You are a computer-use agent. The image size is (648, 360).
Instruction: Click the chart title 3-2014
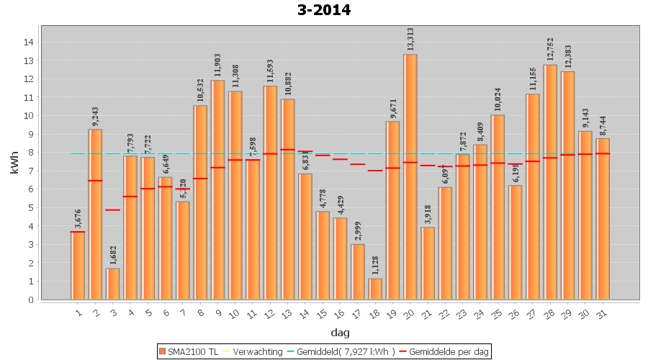tap(323, 10)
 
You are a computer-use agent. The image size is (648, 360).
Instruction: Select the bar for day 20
tap(410, 176)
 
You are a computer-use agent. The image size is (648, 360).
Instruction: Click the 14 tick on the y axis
tap(29, 42)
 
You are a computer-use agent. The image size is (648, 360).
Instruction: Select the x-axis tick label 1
tap(78, 312)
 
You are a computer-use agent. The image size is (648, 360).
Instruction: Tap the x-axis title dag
tap(340, 332)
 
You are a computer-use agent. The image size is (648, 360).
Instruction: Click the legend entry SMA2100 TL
tap(188, 351)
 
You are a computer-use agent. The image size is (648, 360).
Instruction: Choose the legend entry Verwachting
tap(253, 351)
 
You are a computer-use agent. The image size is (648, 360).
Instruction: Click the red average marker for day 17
tap(358, 164)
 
